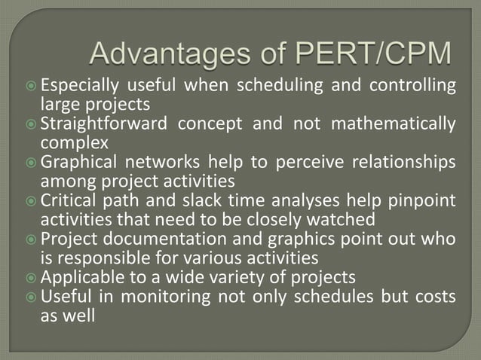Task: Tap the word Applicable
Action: [x=78, y=277]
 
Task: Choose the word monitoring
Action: [x=155, y=297]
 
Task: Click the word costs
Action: [x=434, y=297]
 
